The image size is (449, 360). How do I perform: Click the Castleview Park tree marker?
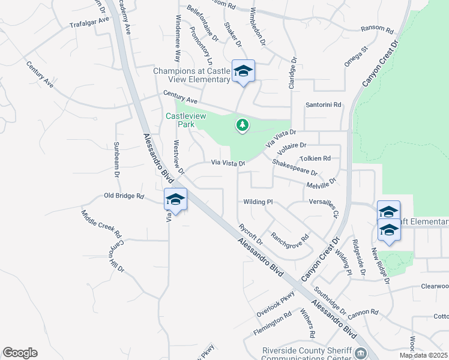[x=243, y=125]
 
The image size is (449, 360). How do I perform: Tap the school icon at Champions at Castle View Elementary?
[x=243, y=72]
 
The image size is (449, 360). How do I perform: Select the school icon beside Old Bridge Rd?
[x=175, y=200]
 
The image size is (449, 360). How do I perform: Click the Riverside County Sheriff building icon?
[x=360, y=352]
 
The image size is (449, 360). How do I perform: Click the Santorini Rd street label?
[x=323, y=104]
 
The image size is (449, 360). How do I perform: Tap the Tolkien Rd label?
[x=315, y=158]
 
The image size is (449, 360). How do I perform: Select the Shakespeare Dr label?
[x=294, y=167]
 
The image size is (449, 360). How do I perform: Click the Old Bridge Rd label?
[x=124, y=196]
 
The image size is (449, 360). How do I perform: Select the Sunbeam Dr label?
[x=117, y=159]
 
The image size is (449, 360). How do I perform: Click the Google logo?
[x=20, y=353]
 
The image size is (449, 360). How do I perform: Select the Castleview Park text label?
[x=184, y=119]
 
